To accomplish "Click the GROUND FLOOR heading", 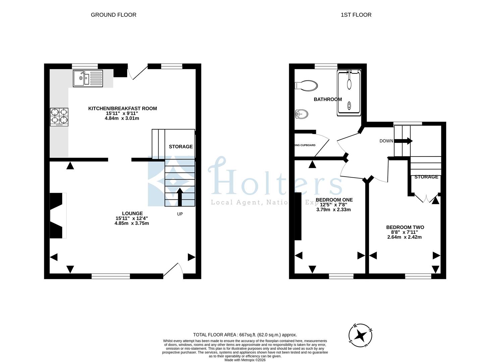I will (x=113, y=15).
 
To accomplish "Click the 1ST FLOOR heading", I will (x=356, y=15).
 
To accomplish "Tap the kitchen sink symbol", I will (x=88, y=78).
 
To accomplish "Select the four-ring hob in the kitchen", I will (x=59, y=117).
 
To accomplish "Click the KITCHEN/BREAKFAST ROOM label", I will (x=122, y=108).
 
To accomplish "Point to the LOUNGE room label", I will (x=132, y=213).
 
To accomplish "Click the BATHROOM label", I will (x=328, y=99).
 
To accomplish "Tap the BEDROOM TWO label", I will (x=405, y=227).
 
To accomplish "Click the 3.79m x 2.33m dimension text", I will (x=333, y=210).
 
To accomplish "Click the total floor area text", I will (x=245, y=335).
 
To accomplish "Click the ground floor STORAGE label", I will (x=180, y=146).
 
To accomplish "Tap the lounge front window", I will (x=111, y=276).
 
